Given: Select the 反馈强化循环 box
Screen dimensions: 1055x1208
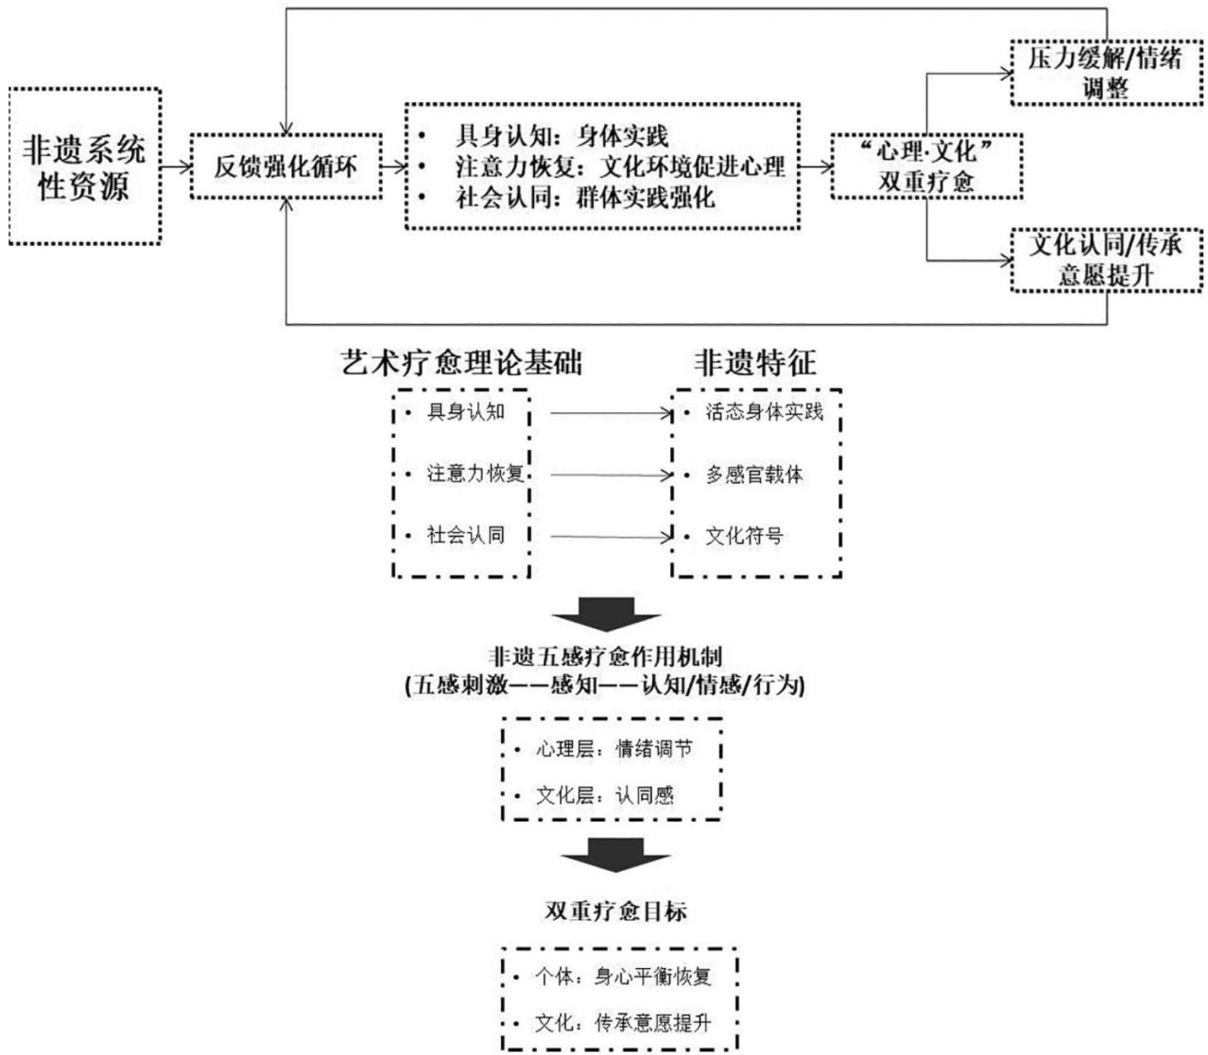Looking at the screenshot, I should [286, 167].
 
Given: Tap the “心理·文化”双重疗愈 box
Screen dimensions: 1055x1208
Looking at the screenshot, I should [925, 167].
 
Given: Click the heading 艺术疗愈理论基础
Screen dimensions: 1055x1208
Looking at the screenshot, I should [460, 363].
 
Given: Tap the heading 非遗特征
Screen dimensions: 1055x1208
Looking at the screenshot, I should [755, 363].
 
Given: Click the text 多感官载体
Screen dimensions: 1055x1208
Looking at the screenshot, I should [753, 475].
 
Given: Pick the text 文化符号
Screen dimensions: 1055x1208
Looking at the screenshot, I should [744, 536].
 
